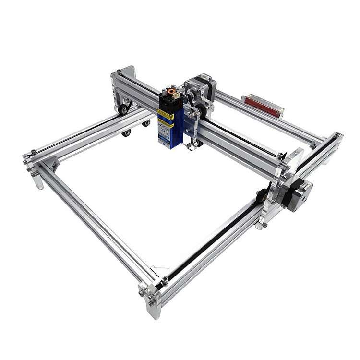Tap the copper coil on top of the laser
[x=169, y=90]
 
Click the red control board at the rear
[x=262, y=106]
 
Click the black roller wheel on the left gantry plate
[x=123, y=109]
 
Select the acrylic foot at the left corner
[x=36, y=178]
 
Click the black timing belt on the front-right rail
[x=211, y=240]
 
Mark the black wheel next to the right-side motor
[x=262, y=194]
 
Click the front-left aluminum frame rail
[x=96, y=226]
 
